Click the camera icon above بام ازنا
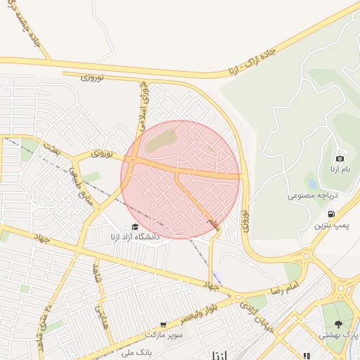tap(340, 159)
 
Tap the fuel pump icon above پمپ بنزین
tap(330, 214)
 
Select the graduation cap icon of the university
tap(134, 226)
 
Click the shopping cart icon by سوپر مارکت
tap(163, 325)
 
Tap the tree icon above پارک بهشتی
tap(339, 324)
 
